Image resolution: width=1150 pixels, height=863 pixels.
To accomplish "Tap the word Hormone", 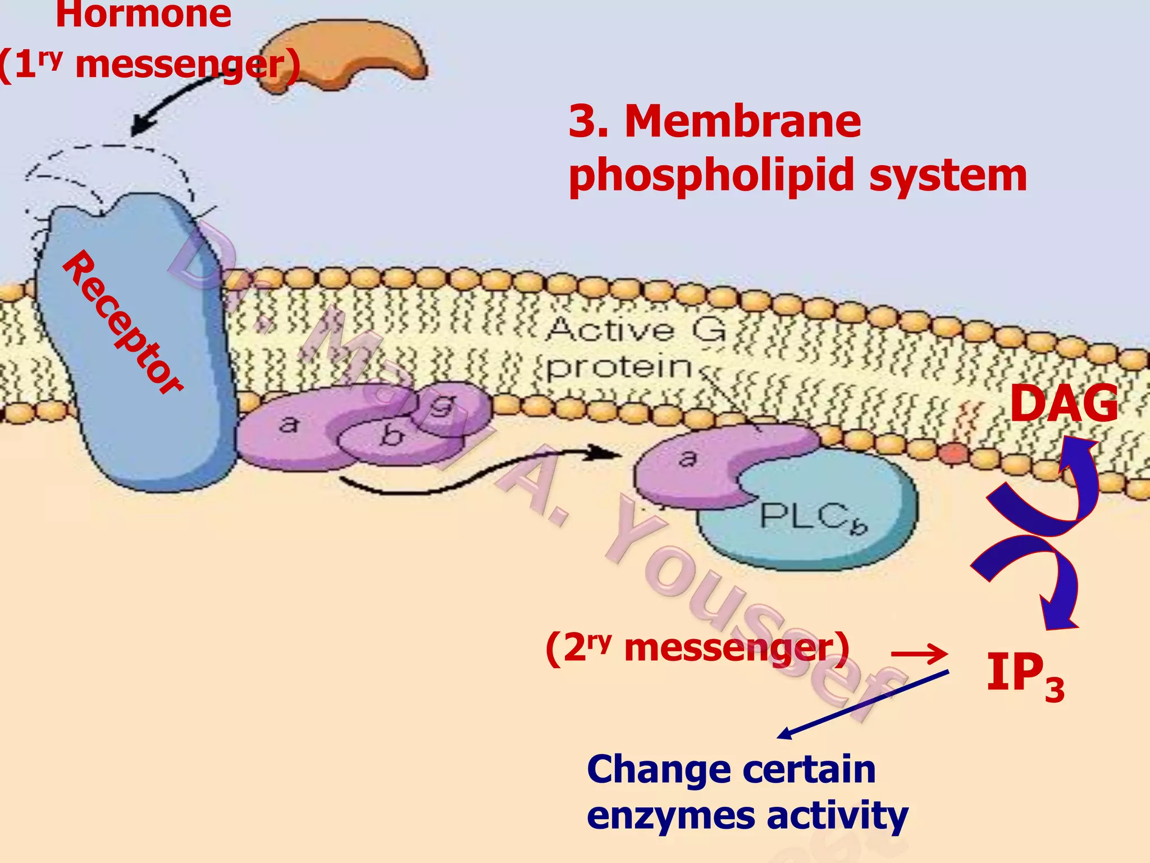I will point(144,13).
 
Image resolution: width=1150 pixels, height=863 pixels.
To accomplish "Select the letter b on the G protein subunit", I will point(392,435).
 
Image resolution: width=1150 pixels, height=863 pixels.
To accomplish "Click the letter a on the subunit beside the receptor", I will point(289,424).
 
